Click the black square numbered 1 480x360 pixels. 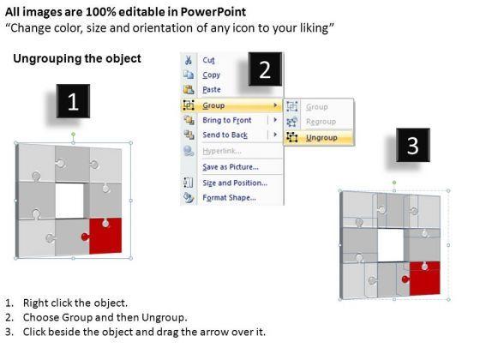click(73, 101)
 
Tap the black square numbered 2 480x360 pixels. click(265, 69)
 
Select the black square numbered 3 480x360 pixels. click(413, 145)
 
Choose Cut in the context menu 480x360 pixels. click(208, 60)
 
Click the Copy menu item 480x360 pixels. click(211, 75)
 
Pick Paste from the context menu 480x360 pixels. click(212, 89)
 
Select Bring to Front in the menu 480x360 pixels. click(227, 120)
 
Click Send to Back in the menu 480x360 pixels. click(225, 135)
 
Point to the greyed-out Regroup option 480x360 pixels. click(321, 122)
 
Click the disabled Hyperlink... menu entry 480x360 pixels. click(222, 151)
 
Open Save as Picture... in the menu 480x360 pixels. click(231, 167)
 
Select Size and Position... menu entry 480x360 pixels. click(235, 183)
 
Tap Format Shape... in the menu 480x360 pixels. click(230, 197)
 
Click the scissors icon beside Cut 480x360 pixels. click(189, 60)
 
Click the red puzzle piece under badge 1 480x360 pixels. click(105, 236)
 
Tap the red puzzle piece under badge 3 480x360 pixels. click(424, 279)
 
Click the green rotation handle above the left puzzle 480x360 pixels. click(73, 134)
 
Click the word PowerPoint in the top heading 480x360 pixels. click(213, 12)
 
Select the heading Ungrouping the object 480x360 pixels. click(77, 58)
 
